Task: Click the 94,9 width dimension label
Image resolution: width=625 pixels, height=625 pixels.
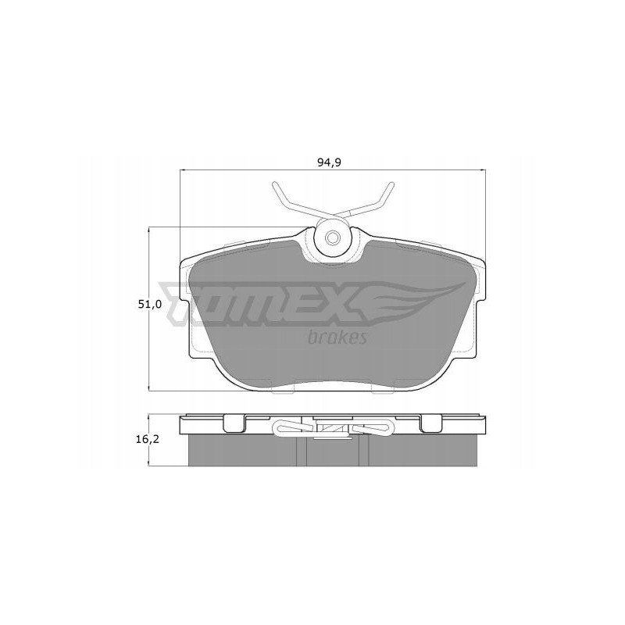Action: click(x=332, y=162)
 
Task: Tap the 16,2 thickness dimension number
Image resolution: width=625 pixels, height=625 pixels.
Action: click(x=147, y=440)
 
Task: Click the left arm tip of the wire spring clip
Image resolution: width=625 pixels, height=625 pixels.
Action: click(x=275, y=185)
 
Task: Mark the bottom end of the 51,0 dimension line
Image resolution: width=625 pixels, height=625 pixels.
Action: click(x=149, y=390)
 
